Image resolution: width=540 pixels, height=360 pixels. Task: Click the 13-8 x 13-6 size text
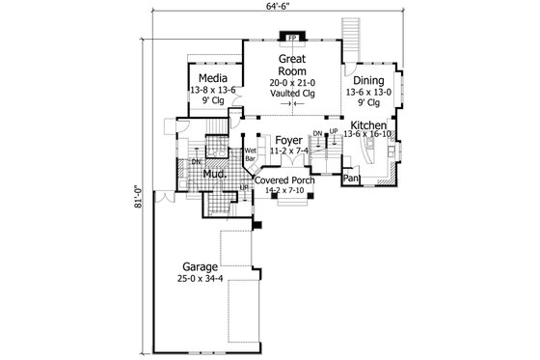[212, 90]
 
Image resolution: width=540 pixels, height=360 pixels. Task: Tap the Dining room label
[368, 82]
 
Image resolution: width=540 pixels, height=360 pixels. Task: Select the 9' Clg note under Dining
[368, 104]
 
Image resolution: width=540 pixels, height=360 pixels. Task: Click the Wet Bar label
[250, 154]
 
